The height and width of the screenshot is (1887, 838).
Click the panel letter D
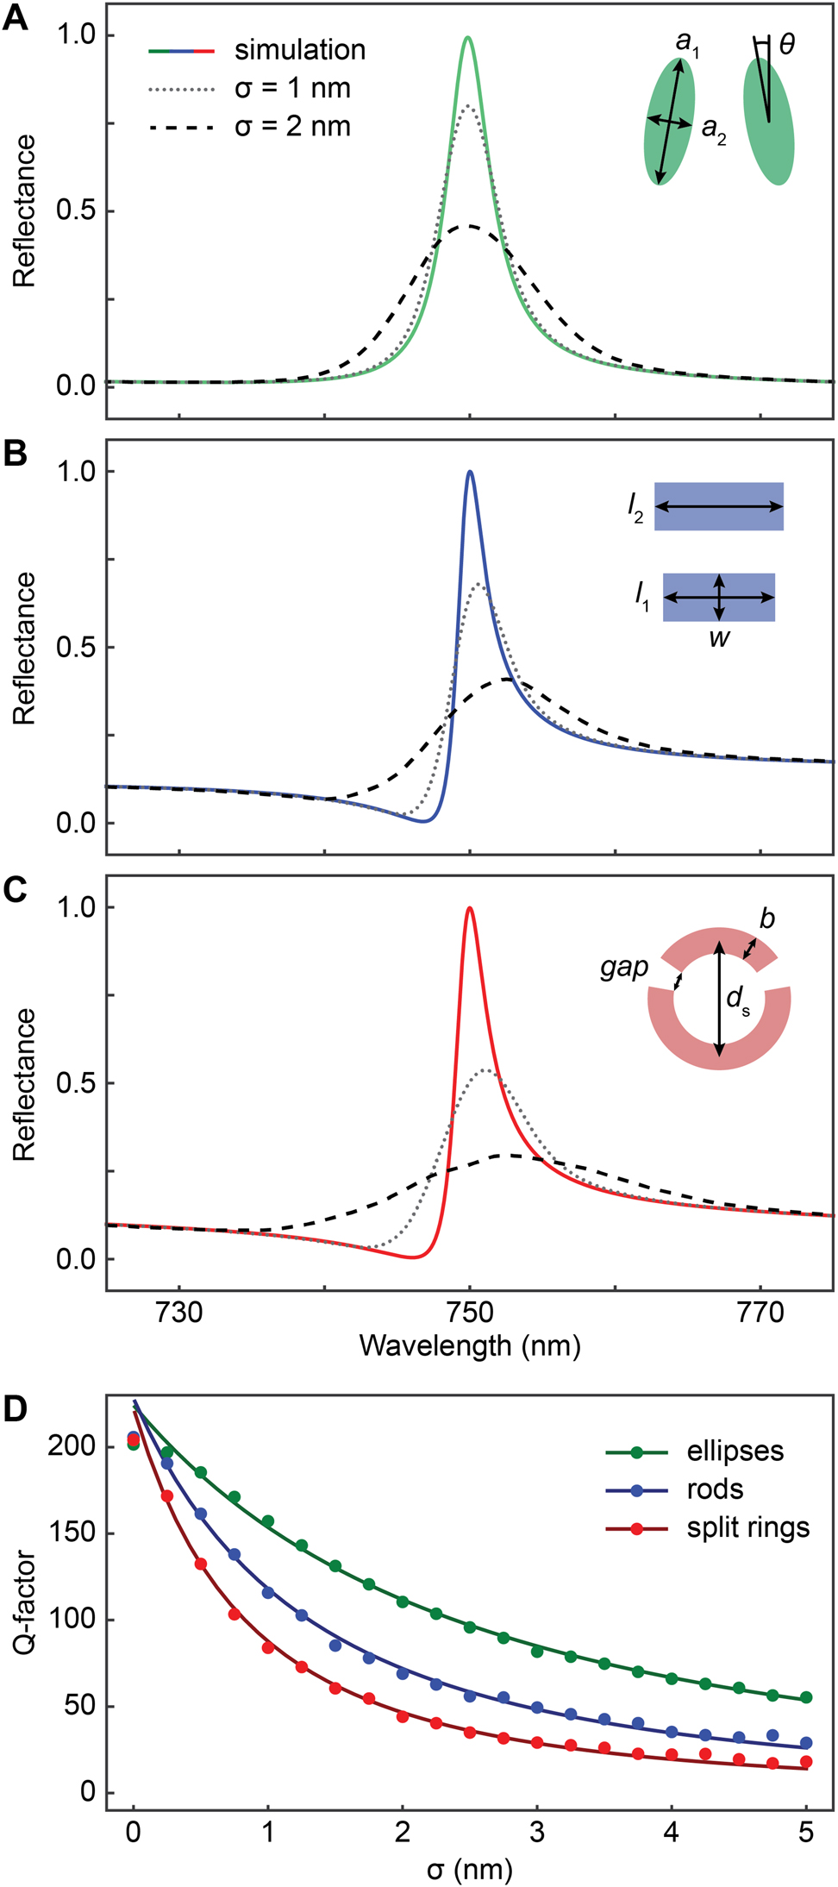16,1408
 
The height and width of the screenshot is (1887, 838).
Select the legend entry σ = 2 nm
292,127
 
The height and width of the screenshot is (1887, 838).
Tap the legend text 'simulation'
299,50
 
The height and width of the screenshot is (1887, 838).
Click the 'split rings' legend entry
747,1527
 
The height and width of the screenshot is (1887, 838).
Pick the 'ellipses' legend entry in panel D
735,1451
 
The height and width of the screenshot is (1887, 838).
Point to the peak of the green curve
468,38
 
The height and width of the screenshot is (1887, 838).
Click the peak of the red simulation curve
470,908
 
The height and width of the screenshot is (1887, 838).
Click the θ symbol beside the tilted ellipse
786,45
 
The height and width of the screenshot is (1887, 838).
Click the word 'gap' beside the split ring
624,968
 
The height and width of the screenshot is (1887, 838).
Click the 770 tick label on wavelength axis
760,1313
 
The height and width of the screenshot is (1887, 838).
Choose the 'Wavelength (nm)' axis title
470,1345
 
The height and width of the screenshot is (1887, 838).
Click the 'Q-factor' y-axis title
24,1602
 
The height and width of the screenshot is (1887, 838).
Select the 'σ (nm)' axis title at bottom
470,1870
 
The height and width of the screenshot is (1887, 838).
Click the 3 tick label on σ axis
537,1832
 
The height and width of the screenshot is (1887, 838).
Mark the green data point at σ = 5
806,1697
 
